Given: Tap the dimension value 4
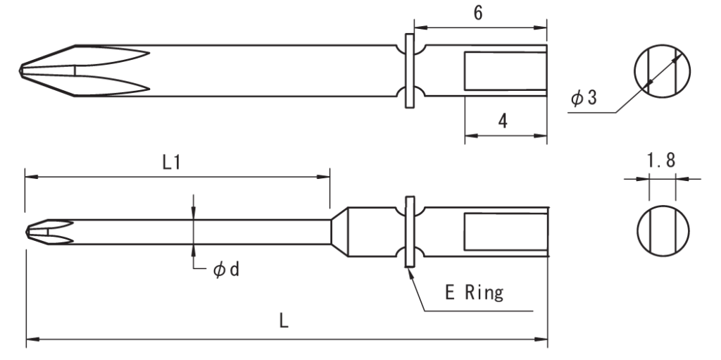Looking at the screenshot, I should pos(503,120).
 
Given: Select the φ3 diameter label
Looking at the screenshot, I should pos(584,99).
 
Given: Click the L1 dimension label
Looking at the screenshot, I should pos(173,163).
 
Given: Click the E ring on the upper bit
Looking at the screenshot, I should pos(409,70).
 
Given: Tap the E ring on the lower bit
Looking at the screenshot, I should pos(409,231).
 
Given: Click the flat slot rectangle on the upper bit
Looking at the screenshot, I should pos(505,71).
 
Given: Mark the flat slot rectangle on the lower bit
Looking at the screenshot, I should pos(505,231).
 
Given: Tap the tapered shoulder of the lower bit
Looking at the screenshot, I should pos(340,231).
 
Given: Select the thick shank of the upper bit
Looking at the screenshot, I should pos(268,70).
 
